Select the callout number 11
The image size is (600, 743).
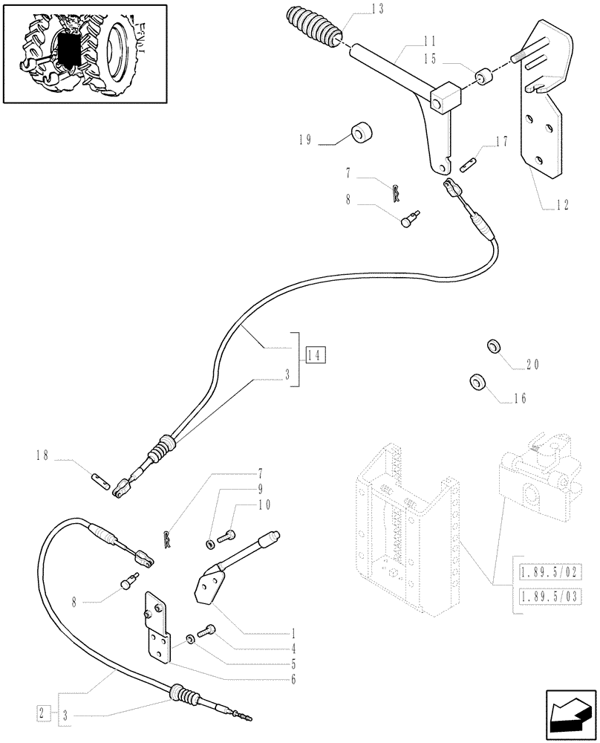[x=409, y=42]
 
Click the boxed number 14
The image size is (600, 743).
[x=314, y=354]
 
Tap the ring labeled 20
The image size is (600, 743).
[x=492, y=348]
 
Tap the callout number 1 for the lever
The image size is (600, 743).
[x=294, y=635]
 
